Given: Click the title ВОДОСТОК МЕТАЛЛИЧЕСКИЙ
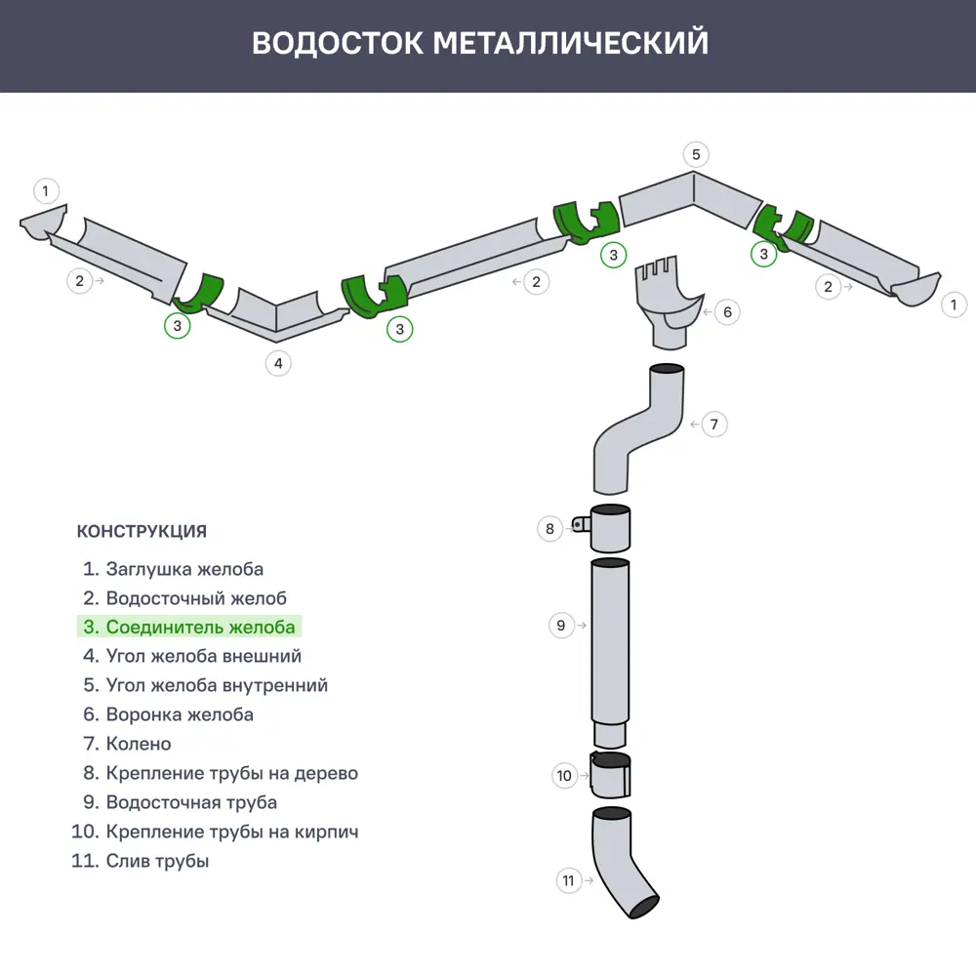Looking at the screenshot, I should pos(480,44).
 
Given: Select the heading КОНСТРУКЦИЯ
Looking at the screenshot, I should pos(142,532).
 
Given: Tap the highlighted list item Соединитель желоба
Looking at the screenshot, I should pos(190,627).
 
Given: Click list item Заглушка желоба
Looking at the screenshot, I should pos(174,569).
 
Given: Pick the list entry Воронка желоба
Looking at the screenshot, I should pos(169,714).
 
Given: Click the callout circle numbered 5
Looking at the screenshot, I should pos(696,154).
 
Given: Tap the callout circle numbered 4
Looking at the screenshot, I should pos(278,363).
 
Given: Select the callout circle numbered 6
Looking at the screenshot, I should pos(726,312).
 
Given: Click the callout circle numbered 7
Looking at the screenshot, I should pos(714,425).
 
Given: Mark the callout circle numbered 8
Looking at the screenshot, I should pos(550,529).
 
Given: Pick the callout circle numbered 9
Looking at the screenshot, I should pos(561,626).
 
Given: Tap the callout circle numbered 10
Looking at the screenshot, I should pos(564,776).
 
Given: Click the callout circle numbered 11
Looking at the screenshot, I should pos(569,880).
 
